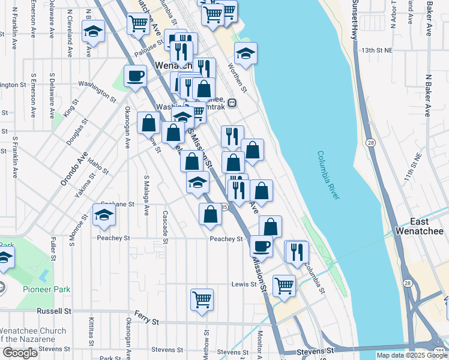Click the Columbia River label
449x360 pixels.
(x=330, y=175)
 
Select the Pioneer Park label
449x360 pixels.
(x=46, y=289)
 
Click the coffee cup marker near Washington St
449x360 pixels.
(x=135, y=77)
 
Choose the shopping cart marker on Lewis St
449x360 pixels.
(x=284, y=286)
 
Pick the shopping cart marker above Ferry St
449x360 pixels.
(x=202, y=299)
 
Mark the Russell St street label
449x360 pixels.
(x=54, y=311)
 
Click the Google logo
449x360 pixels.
(x=20, y=353)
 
